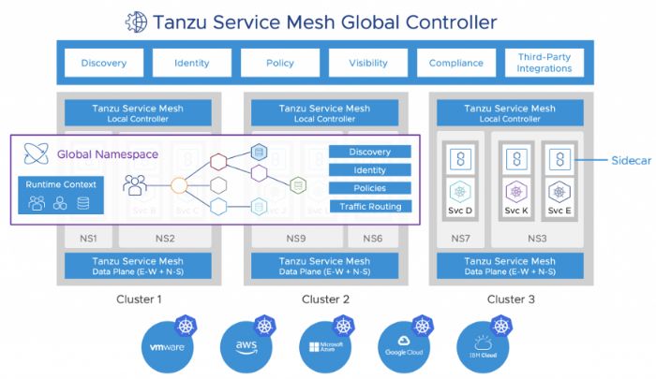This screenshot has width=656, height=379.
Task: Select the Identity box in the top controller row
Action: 192,63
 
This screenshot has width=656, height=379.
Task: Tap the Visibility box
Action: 368,63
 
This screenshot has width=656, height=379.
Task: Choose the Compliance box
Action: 456,63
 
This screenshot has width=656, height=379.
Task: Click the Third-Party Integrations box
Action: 544,63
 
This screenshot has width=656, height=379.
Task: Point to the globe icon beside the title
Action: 137,21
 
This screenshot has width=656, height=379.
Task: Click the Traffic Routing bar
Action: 370,206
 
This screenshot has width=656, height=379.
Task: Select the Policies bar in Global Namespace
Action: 370,188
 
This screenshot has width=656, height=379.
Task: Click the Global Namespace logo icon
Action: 37,153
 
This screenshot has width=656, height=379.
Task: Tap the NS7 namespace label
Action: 460,238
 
